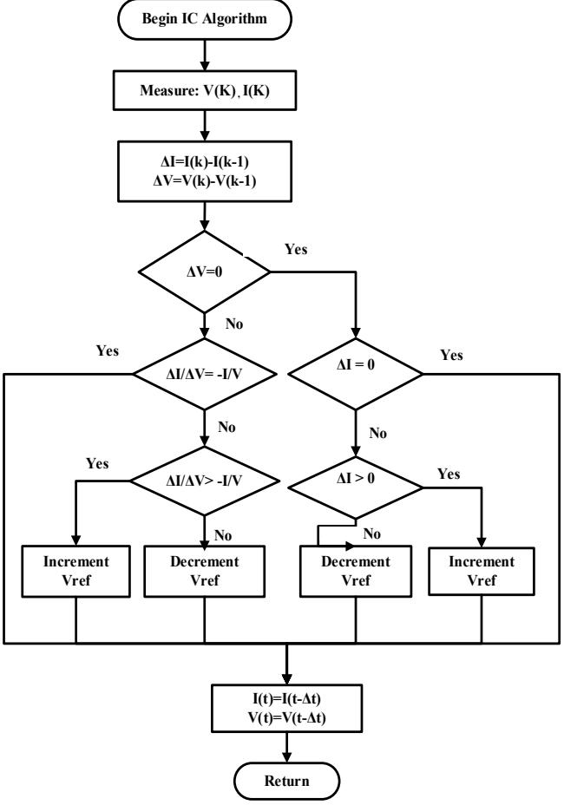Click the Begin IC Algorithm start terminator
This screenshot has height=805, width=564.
pyautogui.click(x=205, y=19)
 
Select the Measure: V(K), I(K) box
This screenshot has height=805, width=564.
pyautogui.click(x=205, y=90)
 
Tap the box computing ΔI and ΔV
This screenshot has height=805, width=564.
pyautogui.click(x=205, y=172)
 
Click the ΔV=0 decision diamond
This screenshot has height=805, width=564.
pyautogui.click(x=205, y=272)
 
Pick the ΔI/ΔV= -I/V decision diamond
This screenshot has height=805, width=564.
pyautogui.click(x=205, y=374)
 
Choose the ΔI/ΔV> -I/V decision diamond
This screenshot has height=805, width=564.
pyautogui.click(x=205, y=481)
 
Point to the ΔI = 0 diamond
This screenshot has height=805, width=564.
pyautogui.click(x=356, y=374)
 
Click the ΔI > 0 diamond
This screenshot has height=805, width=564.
pyautogui.click(x=356, y=488)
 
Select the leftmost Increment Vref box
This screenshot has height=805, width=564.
pyautogui.click(x=76, y=571)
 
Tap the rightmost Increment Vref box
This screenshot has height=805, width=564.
pyautogui.click(x=482, y=571)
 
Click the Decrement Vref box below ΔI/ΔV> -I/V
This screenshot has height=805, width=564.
pyautogui.click(x=205, y=571)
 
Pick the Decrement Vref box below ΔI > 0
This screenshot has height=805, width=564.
pyautogui.click(x=356, y=571)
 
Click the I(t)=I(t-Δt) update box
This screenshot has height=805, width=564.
pyautogui.click(x=286, y=708)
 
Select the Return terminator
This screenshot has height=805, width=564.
pyautogui.click(x=286, y=781)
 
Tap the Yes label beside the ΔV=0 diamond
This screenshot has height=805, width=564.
pyautogui.click(x=296, y=250)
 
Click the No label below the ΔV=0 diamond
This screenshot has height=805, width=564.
pyautogui.click(x=233, y=324)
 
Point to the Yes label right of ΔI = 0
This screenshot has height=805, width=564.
pyautogui.click(x=451, y=356)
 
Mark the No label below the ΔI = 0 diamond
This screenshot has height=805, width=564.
pyautogui.click(x=377, y=434)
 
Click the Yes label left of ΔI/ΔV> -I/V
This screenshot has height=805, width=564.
pyautogui.click(x=97, y=463)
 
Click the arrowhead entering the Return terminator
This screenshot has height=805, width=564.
pyautogui.click(x=286, y=757)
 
